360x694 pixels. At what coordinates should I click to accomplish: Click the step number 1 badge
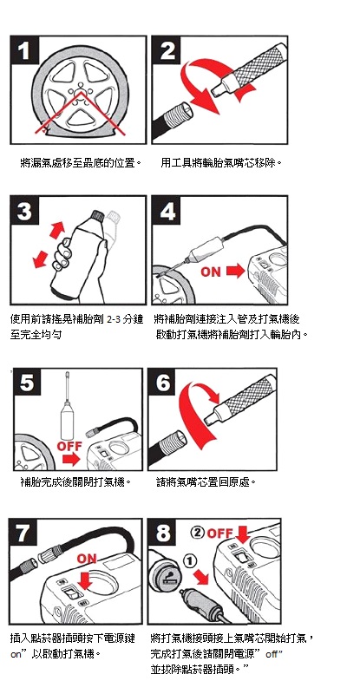pyautogui.click(x=25, y=50)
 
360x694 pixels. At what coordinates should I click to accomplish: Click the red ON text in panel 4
pyautogui.click(x=211, y=272)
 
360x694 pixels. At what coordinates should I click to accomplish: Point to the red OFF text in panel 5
pyautogui.click(x=69, y=446)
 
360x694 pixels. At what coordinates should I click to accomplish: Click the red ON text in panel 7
pyautogui.click(x=87, y=559)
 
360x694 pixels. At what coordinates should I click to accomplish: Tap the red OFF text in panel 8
pyautogui.click(x=219, y=534)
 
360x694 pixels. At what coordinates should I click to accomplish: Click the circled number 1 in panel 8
pyautogui.click(x=189, y=561)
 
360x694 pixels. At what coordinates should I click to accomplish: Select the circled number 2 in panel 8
pyautogui.click(x=198, y=533)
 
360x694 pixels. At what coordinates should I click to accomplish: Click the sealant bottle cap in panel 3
pyautogui.click(x=95, y=217)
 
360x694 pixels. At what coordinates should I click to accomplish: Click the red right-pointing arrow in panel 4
pyautogui.click(x=235, y=271)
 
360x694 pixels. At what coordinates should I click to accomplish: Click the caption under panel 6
pyautogui.click(x=206, y=481)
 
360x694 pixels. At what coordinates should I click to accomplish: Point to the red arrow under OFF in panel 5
pyautogui.click(x=71, y=460)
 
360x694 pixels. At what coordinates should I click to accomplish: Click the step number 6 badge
pyautogui.click(x=163, y=383)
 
